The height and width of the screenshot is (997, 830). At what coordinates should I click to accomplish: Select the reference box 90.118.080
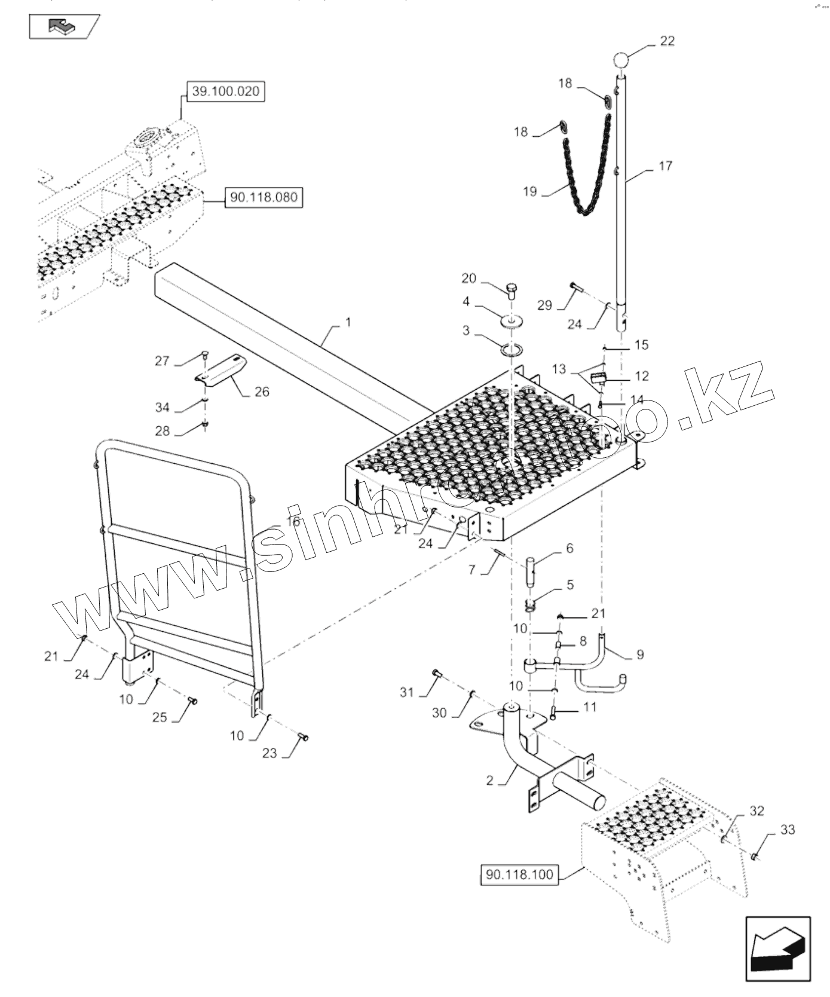click(x=264, y=197)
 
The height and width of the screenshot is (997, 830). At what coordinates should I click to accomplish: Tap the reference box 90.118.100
click(x=519, y=875)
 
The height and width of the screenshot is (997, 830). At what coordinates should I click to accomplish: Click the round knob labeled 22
click(x=621, y=61)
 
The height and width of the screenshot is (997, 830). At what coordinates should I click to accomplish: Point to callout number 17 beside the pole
click(x=666, y=166)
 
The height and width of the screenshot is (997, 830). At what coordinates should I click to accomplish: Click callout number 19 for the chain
click(x=530, y=192)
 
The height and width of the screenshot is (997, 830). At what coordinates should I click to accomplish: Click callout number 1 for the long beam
click(x=348, y=323)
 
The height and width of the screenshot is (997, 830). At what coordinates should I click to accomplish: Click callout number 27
click(x=162, y=361)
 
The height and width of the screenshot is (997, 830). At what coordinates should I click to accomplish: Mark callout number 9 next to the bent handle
click(x=640, y=655)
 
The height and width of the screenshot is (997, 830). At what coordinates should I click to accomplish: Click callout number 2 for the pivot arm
click(x=490, y=781)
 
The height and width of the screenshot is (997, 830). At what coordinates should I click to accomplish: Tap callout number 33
click(x=788, y=830)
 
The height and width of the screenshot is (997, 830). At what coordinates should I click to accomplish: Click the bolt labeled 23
click(x=303, y=738)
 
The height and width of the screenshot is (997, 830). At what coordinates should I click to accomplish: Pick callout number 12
click(x=642, y=376)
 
